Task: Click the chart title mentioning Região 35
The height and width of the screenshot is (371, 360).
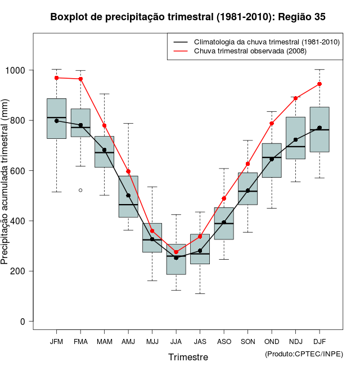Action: pyautogui.click(x=188, y=17)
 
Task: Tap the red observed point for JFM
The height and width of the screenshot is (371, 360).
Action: pyautogui.click(x=57, y=78)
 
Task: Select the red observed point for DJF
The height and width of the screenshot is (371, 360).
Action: pyautogui.click(x=319, y=84)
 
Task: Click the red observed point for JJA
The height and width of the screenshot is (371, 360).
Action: pyautogui.click(x=176, y=252)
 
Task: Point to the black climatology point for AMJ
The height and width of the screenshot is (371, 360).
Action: pyautogui.click(x=128, y=196)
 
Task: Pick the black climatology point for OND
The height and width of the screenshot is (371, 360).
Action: pyautogui.click(x=272, y=159)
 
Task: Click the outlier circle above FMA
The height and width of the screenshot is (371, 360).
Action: pyautogui.click(x=80, y=190)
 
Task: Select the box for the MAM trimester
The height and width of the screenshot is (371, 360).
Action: pyautogui.click(x=105, y=152)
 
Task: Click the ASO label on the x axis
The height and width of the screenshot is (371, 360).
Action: pyautogui.click(x=224, y=342)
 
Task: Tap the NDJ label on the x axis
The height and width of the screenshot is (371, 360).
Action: pyautogui.click(x=295, y=342)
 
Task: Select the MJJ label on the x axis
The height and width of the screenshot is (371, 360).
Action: pyautogui.click(x=152, y=342)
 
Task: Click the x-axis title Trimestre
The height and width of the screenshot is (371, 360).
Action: pyautogui.click(x=188, y=357)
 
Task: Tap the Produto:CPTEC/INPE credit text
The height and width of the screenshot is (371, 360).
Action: pyautogui.click(x=304, y=354)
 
